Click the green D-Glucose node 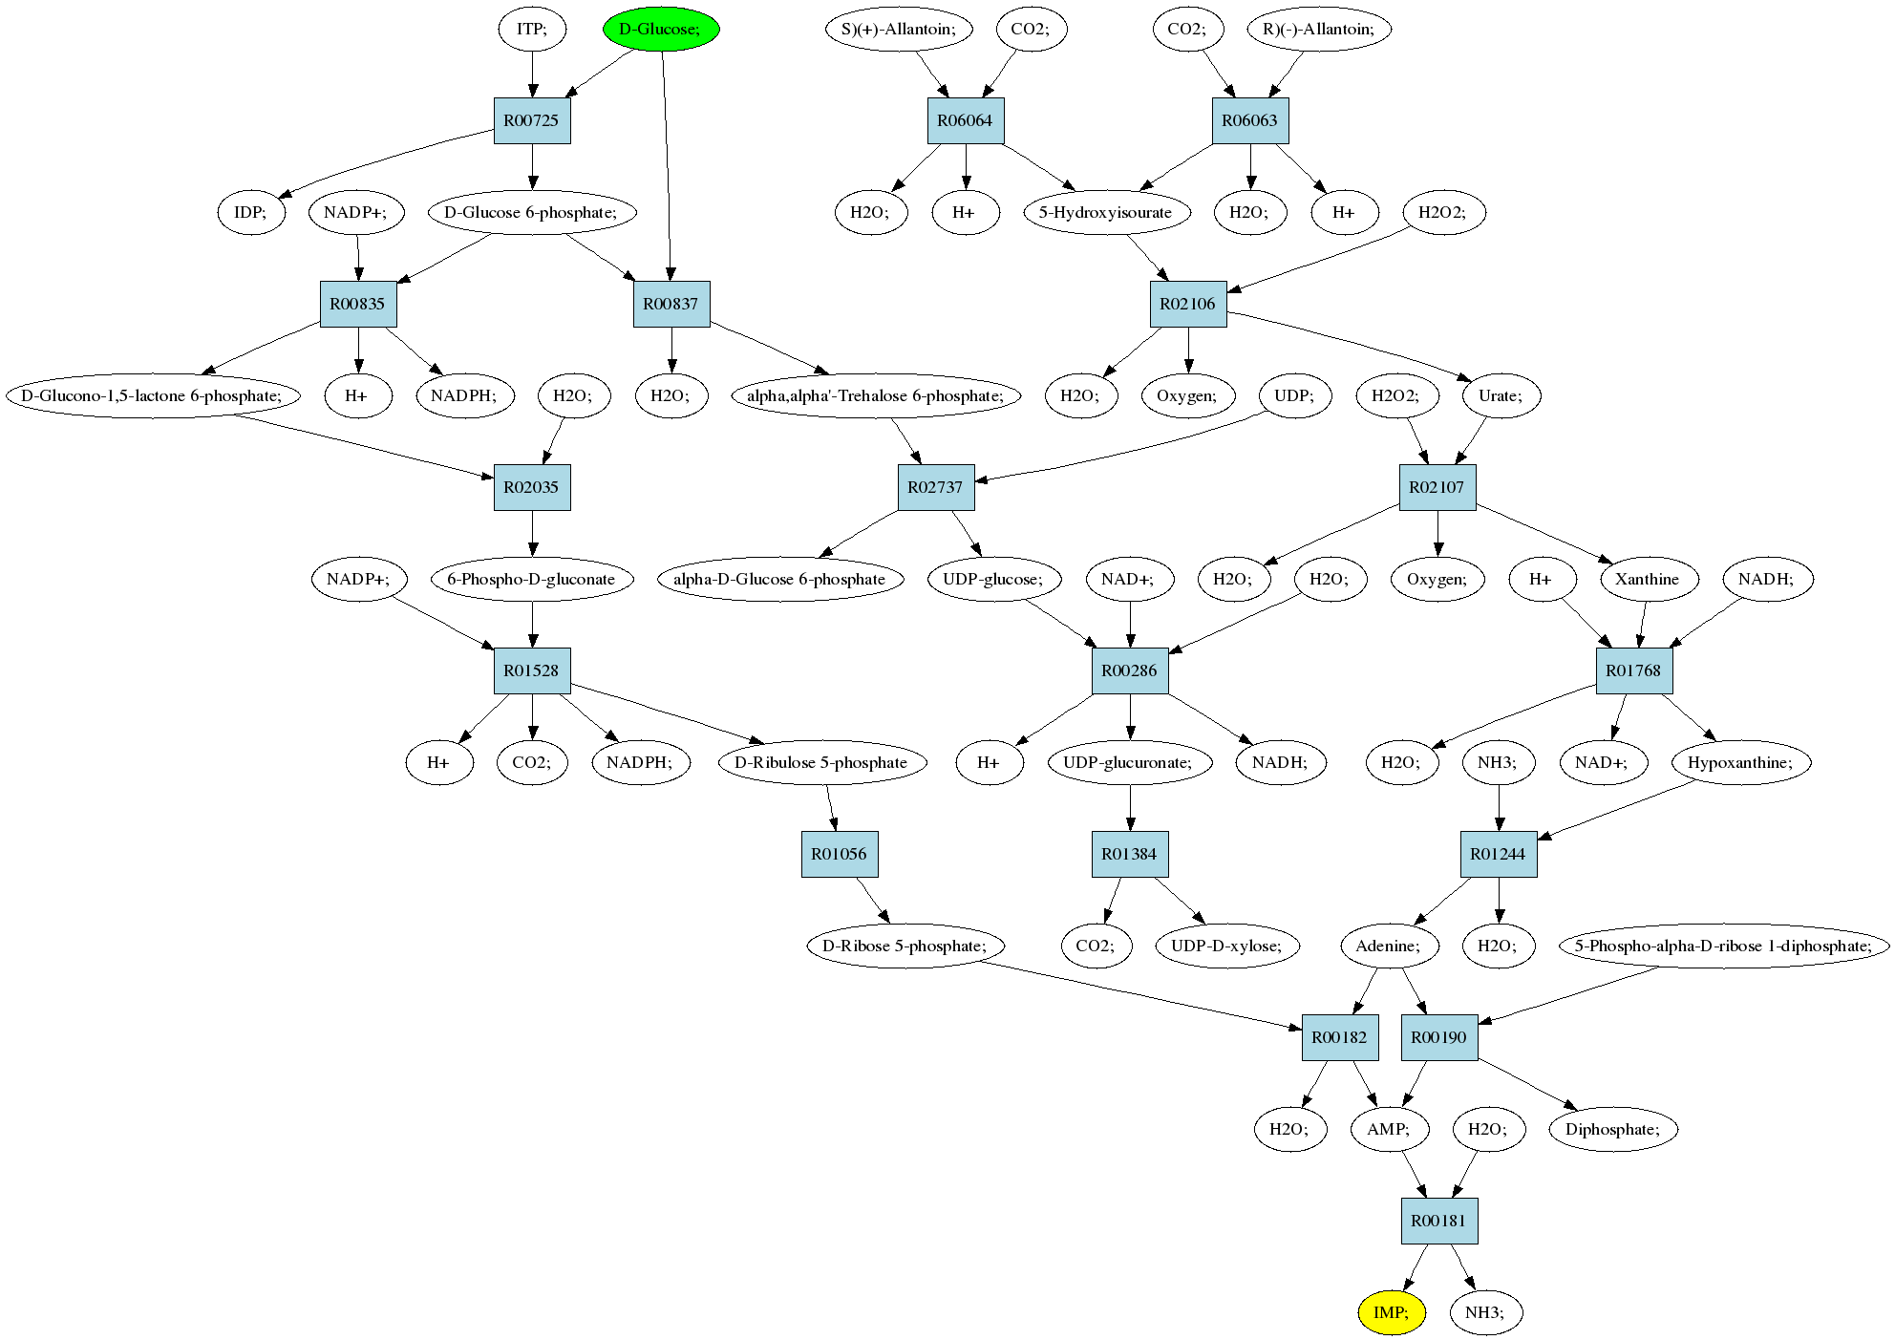point(661,29)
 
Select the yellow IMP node point(1392,1312)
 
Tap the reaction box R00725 point(532,120)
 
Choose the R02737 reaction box point(935,487)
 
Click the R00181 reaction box point(1439,1221)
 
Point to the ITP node point(532,29)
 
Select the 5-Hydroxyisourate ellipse point(1106,212)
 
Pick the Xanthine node point(1647,579)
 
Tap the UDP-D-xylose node point(1228,946)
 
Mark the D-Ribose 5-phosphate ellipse point(906,946)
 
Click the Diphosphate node point(1614,1129)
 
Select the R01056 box point(840,854)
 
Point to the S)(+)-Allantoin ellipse point(898,29)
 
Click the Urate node point(1501,395)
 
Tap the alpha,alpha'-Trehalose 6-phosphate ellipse point(876,395)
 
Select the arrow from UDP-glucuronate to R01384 point(1131,808)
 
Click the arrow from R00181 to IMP point(1415,1267)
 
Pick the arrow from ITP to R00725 point(532,75)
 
